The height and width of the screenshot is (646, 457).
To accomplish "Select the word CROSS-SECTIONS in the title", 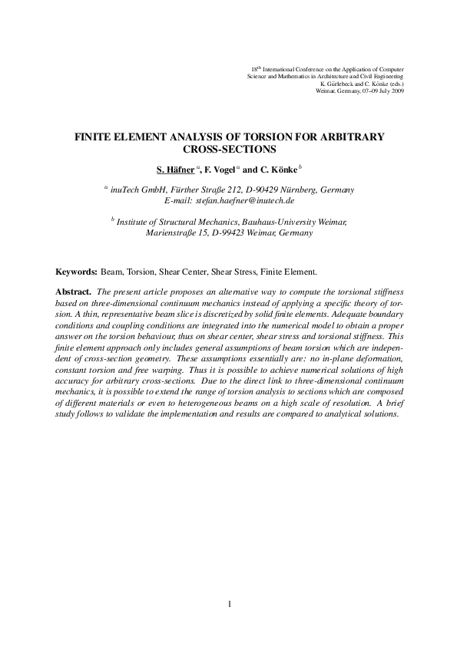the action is [x=228, y=150].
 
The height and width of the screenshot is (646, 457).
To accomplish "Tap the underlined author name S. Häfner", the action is [x=174, y=169].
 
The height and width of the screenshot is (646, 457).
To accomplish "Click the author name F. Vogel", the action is [x=224, y=169].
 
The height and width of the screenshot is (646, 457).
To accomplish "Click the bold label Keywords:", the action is [x=76, y=272].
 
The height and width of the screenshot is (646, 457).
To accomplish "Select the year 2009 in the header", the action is [x=396, y=91].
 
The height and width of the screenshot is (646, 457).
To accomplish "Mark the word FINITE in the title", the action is [x=92, y=136].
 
